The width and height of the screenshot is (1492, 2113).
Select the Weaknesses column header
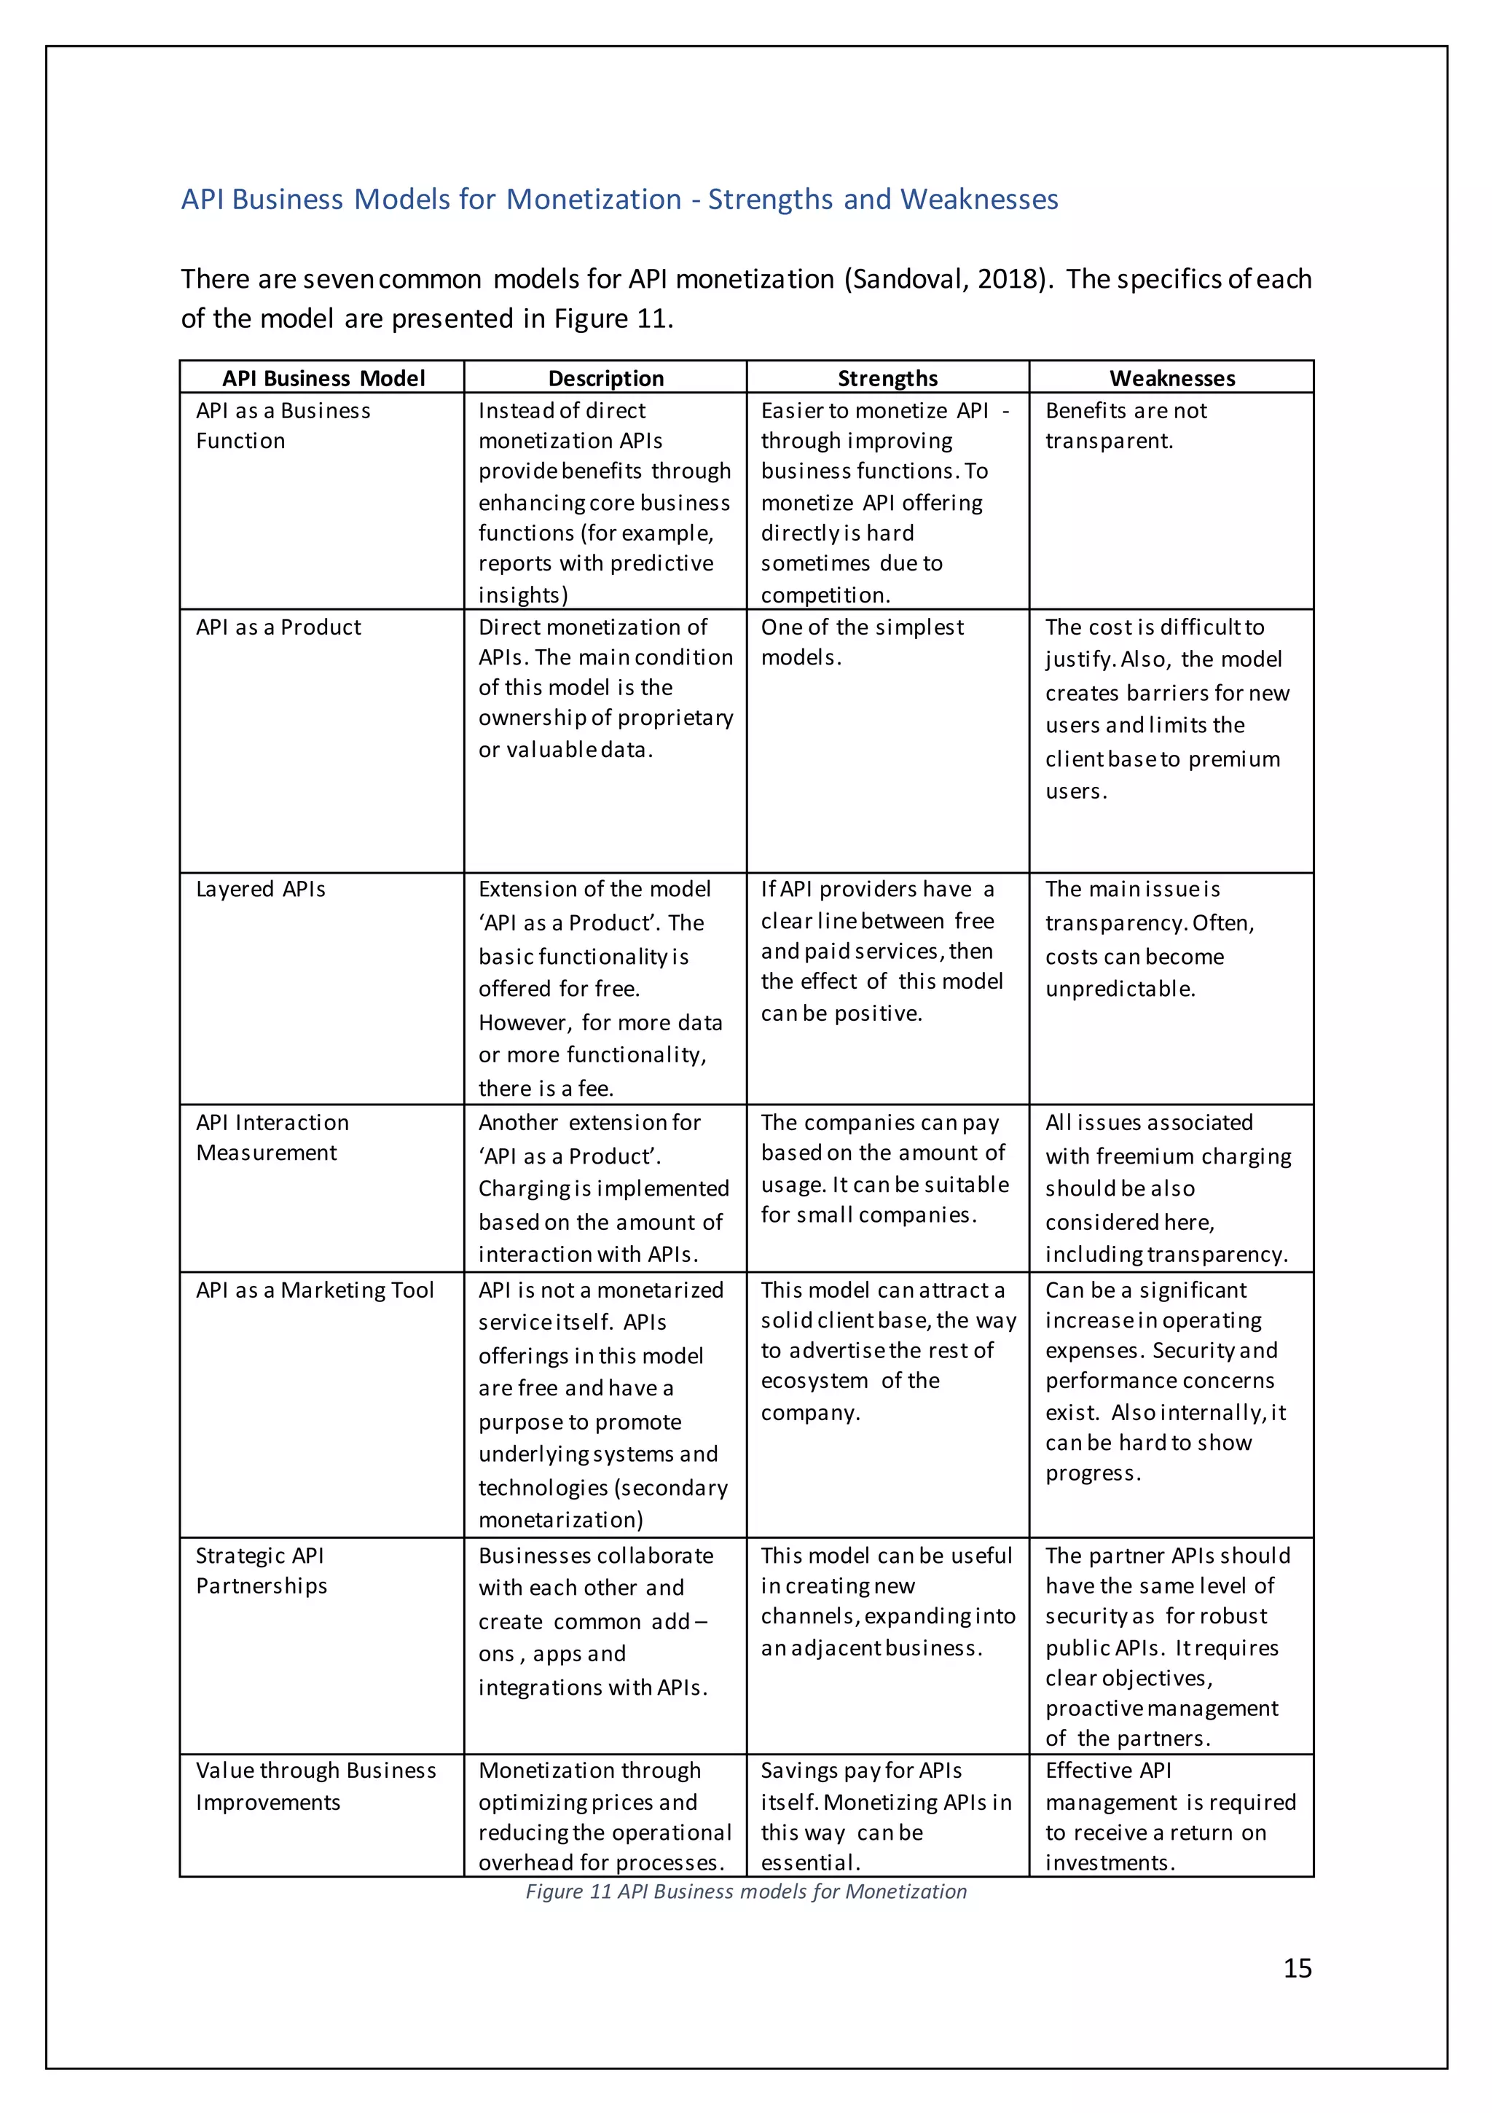tap(1171, 378)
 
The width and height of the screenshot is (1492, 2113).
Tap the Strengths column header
tap(887, 378)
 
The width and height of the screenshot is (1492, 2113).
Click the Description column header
tap(605, 378)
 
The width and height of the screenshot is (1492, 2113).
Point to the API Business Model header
tap(323, 378)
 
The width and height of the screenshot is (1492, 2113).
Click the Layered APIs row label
tap(261, 889)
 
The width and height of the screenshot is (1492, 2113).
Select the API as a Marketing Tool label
tap(315, 1290)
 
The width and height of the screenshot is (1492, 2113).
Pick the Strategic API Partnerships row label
tap(262, 1570)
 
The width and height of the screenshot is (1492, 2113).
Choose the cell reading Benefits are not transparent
tap(1125, 426)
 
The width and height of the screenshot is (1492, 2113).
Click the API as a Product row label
tap(278, 627)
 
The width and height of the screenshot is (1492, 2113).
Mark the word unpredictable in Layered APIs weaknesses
tap(1119, 989)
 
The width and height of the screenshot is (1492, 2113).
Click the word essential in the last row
tap(809, 1862)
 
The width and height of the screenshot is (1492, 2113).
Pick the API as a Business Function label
tap(283, 426)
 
